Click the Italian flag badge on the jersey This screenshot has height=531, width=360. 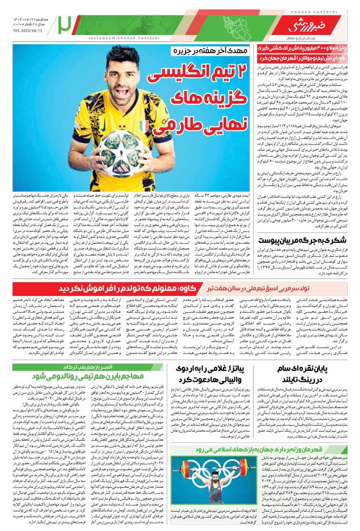coord(144,109)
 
